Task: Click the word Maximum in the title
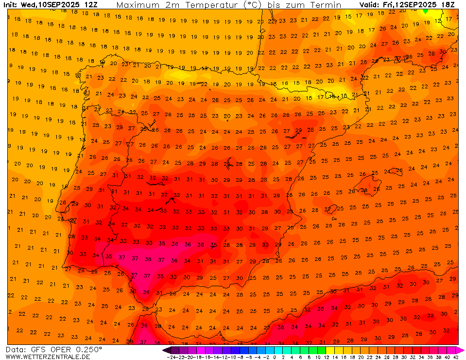[138, 5]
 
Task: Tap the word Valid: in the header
[370, 5]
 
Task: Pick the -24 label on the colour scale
[171, 357]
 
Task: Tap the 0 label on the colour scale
[275, 357]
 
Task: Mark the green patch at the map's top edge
[426, 11]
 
